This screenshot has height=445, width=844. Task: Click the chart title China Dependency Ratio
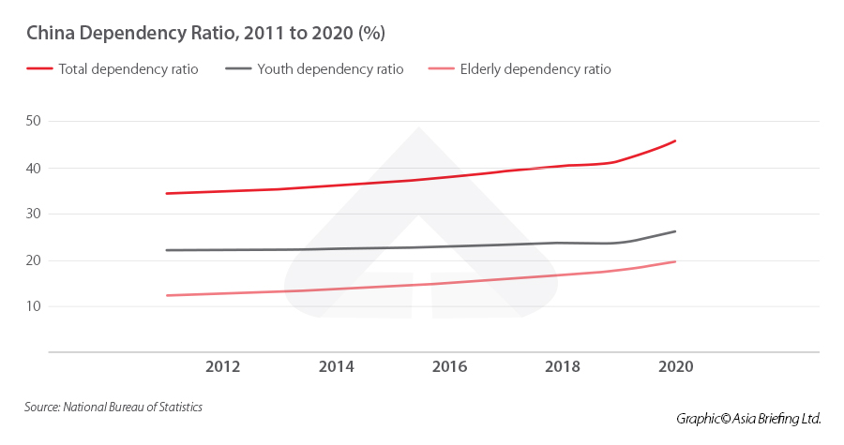[x=205, y=34]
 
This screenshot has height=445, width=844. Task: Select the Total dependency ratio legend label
[x=128, y=69]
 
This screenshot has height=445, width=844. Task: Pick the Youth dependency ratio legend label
[x=330, y=69]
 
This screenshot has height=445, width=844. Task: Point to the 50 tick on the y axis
[x=34, y=121]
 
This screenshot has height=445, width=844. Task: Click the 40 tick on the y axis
[x=34, y=168]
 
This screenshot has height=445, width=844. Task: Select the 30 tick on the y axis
[x=34, y=214]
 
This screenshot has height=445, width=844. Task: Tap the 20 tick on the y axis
[x=34, y=260]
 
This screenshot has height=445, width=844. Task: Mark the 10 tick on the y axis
[x=34, y=306]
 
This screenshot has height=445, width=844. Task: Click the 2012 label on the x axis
[x=223, y=366]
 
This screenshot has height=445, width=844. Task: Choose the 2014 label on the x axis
[x=337, y=366]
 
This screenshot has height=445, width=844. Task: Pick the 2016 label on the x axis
[x=449, y=366]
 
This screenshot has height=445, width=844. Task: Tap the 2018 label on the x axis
[x=563, y=366]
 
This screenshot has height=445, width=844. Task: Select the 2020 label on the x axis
[x=675, y=366]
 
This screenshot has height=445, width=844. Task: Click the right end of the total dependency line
[x=675, y=141]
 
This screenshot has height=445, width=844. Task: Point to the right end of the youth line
[x=675, y=231]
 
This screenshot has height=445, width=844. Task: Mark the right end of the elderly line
[x=675, y=261]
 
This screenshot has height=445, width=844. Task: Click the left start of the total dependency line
[x=166, y=193]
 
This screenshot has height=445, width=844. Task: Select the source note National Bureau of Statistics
[x=113, y=407]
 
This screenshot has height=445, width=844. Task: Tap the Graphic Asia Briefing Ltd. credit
[x=748, y=418]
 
